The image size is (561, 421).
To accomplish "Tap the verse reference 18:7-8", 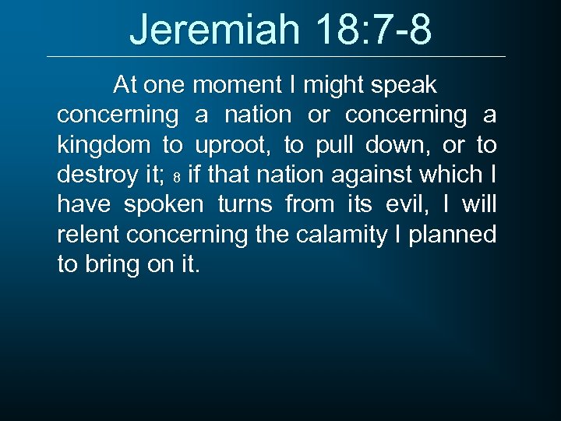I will [374, 30].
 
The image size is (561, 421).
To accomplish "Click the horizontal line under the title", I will [276, 57].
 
